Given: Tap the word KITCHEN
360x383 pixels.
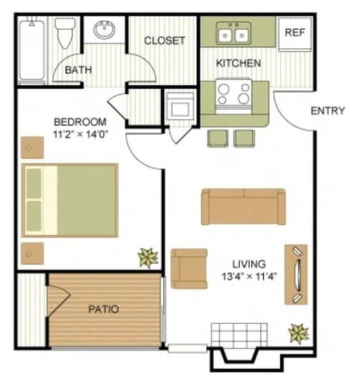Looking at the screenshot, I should [x=239, y=63].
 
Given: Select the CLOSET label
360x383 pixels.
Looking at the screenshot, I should [x=164, y=40].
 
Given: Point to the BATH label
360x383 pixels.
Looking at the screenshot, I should [x=78, y=70].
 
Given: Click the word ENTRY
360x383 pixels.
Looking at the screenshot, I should [x=327, y=110].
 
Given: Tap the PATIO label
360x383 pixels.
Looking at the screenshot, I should [x=104, y=309].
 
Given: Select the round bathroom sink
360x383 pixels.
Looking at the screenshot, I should [x=104, y=30].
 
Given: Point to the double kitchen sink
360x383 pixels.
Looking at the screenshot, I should [x=233, y=33].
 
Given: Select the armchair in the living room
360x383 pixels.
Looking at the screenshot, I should [x=188, y=268].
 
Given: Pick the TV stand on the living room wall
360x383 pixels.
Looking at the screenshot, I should [x=296, y=274].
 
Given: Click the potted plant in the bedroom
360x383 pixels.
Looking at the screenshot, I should [x=148, y=257].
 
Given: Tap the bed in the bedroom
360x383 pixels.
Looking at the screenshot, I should [x=70, y=200].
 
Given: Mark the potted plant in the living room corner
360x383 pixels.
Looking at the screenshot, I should [x=299, y=334].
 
